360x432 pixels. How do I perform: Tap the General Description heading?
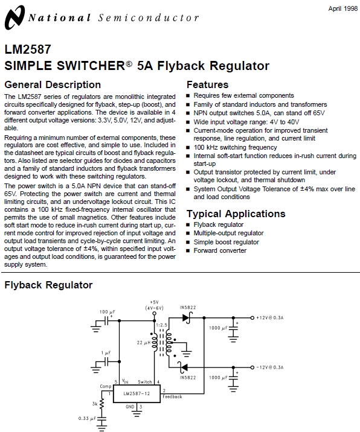tap(53, 84)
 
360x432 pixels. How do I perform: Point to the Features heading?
tap(207, 84)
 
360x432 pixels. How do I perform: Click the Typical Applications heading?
tap(236, 214)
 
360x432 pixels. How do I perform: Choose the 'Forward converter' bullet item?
tap(220, 250)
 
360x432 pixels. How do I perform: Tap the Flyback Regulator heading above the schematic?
tap(48, 285)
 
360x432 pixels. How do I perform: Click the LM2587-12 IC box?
tap(138, 394)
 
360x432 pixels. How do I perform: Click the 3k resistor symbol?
tap(101, 403)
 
